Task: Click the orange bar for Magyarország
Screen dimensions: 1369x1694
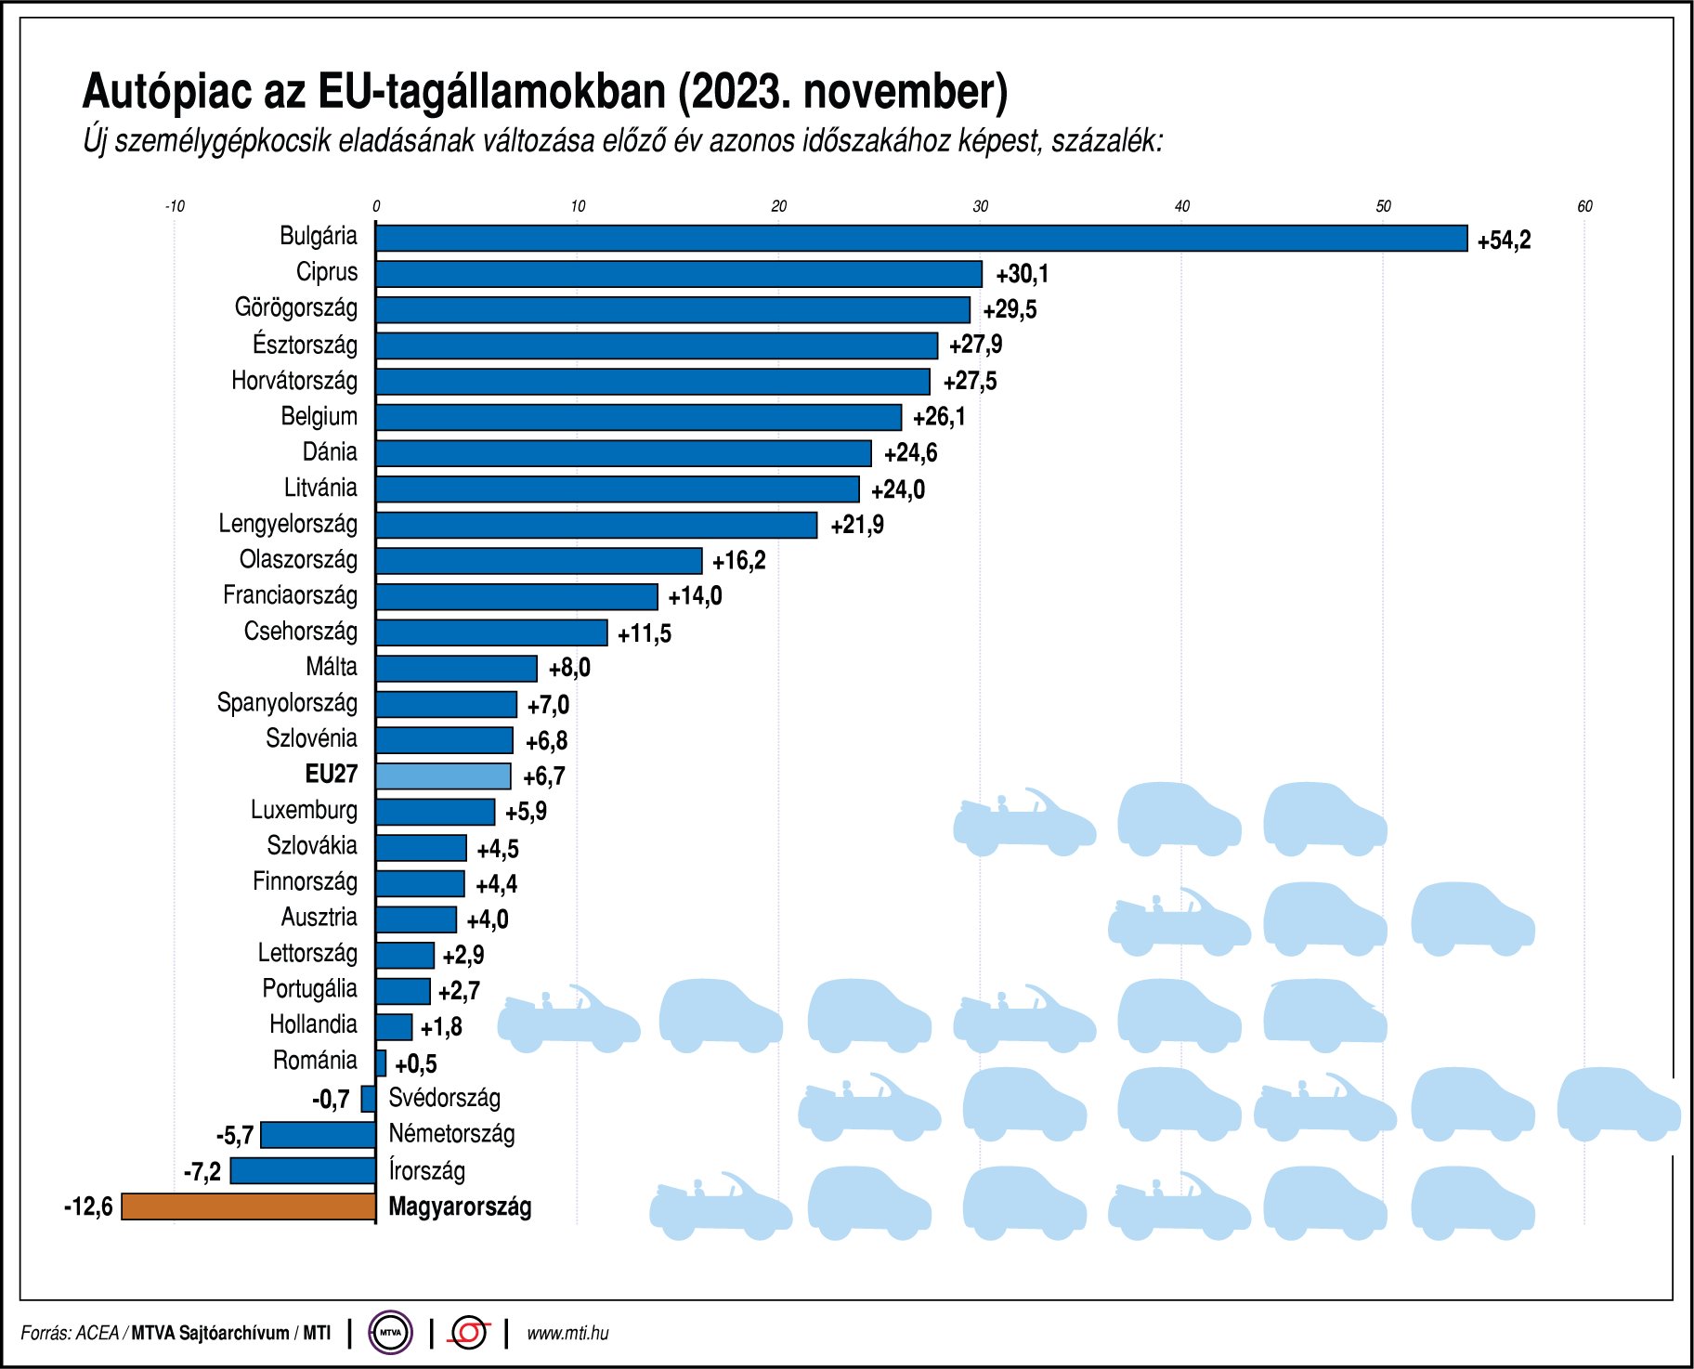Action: pyautogui.click(x=249, y=1206)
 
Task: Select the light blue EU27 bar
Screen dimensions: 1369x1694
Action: pyautogui.click(x=443, y=776)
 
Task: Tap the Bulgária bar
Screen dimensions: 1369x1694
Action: pyautogui.click(x=920, y=239)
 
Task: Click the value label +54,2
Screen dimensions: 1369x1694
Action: pyautogui.click(x=1504, y=241)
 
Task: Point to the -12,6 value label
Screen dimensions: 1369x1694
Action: pyautogui.click(x=88, y=1206)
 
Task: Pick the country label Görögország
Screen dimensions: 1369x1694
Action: pyautogui.click(x=295, y=307)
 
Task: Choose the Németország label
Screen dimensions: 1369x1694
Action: pyautogui.click(x=451, y=1133)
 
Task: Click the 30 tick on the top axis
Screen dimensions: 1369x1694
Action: pyautogui.click(x=981, y=206)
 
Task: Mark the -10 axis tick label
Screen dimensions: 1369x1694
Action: pyautogui.click(x=175, y=206)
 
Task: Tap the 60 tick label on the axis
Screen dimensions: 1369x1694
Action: pyautogui.click(x=1584, y=206)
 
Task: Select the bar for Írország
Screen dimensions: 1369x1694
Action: pyautogui.click(x=303, y=1170)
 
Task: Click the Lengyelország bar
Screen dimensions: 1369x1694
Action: pyautogui.click(x=596, y=525)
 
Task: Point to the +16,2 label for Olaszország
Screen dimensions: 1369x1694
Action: pyautogui.click(x=739, y=561)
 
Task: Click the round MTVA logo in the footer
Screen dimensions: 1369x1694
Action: pyautogui.click(x=390, y=1333)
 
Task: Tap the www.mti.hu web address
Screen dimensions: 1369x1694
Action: pyautogui.click(x=567, y=1333)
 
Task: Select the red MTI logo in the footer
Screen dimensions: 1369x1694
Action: pyautogui.click(x=469, y=1333)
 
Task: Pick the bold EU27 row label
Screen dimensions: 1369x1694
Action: pyautogui.click(x=331, y=774)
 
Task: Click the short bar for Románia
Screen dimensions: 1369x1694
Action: pyautogui.click(x=381, y=1063)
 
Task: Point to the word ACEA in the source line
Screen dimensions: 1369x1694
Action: pyautogui.click(x=97, y=1333)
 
